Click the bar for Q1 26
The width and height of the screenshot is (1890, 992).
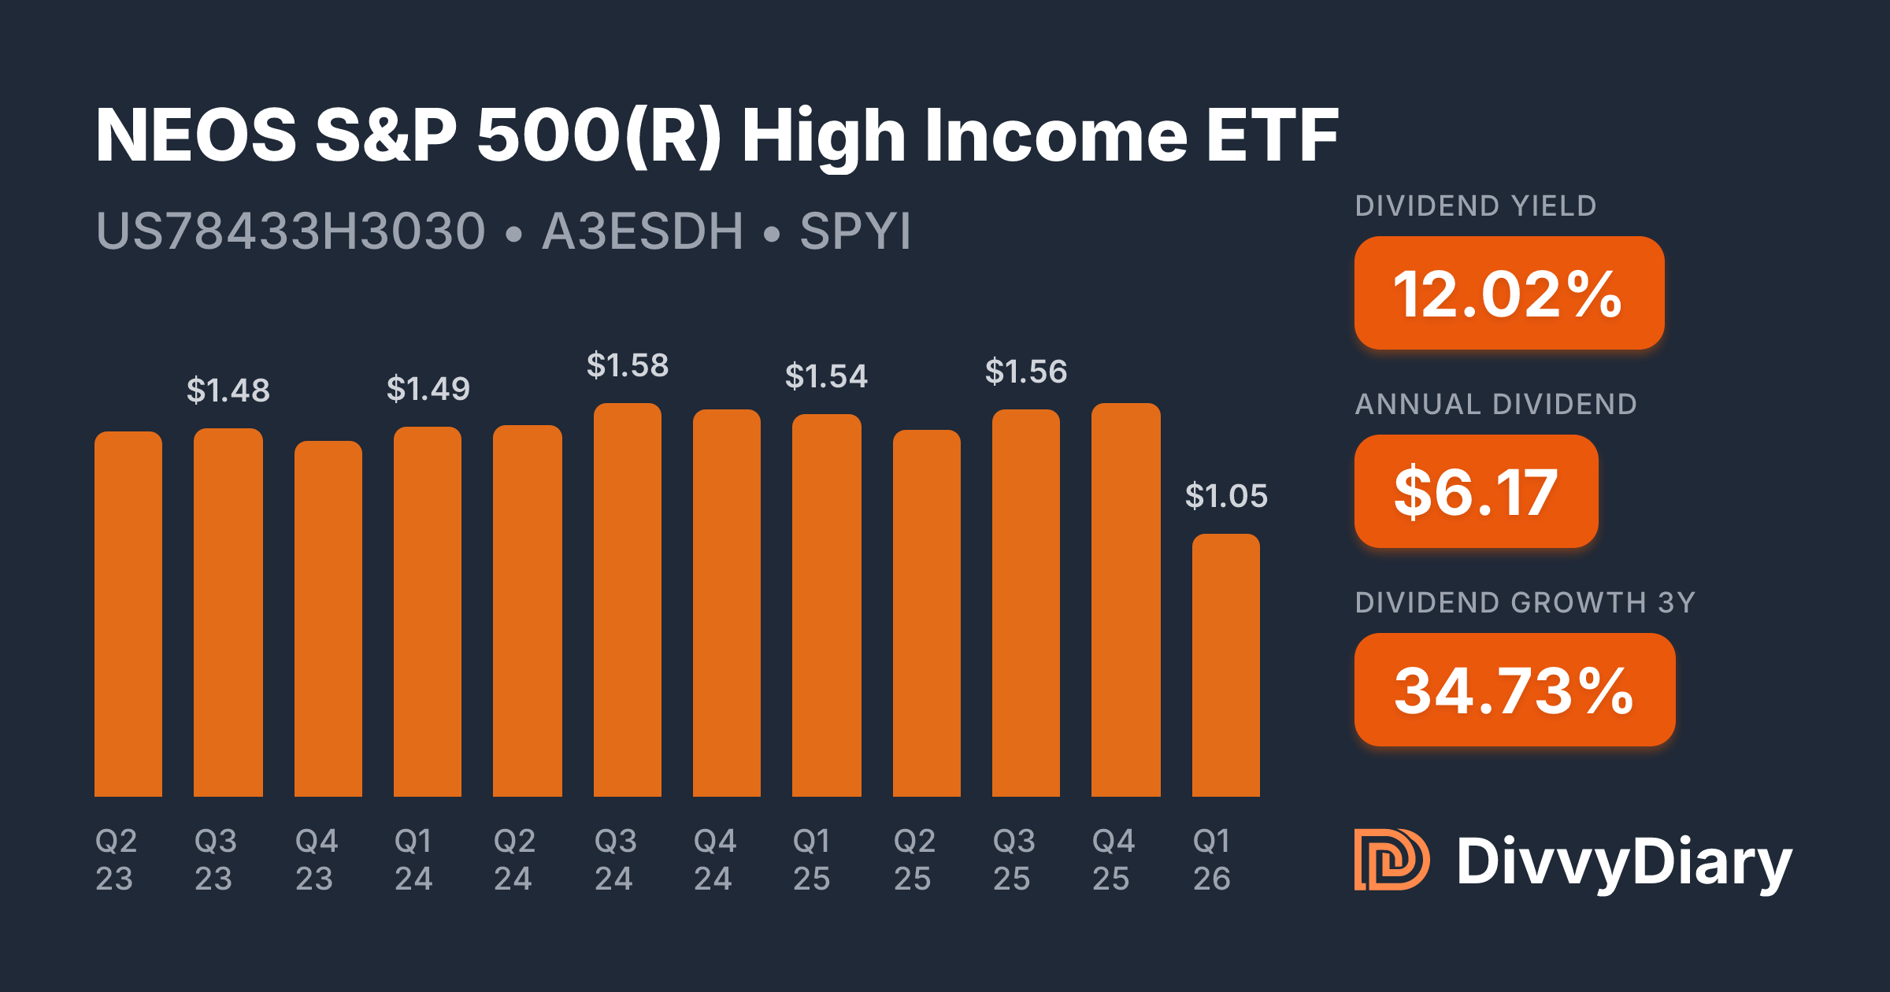[x=1225, y=665]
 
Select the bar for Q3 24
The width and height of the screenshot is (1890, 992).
[x=627, y=600]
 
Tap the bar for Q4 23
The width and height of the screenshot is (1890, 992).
[x=328, y=619]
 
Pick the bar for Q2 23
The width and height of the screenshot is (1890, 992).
[x=128, y=614]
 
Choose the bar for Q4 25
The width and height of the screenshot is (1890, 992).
[x=1125, y=600]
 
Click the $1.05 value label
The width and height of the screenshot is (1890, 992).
[x=1226, y=496]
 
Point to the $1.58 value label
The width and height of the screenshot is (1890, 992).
[x=627, y=365]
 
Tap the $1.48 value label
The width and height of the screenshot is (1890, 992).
[x=228, y=391]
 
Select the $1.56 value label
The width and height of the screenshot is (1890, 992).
[x=1025, y=372]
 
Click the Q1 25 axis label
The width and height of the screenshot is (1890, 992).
[x=811, y=860]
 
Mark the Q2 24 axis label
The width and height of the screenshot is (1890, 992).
[x=513, y=860]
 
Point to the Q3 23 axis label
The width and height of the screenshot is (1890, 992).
[x=214, y=860]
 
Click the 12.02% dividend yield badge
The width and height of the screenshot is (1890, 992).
[x=1509, y=293]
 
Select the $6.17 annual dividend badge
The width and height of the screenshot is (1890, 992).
[x=1476, y=491]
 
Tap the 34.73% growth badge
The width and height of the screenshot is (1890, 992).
[x=1514, y=690]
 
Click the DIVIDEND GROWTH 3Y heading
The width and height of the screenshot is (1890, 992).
[x=1525, y=603]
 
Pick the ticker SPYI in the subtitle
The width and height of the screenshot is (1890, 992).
[x=855, y=231]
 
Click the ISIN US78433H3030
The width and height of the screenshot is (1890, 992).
[x=290, y=231]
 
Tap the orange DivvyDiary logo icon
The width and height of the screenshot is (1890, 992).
[x=1391, y=860]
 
